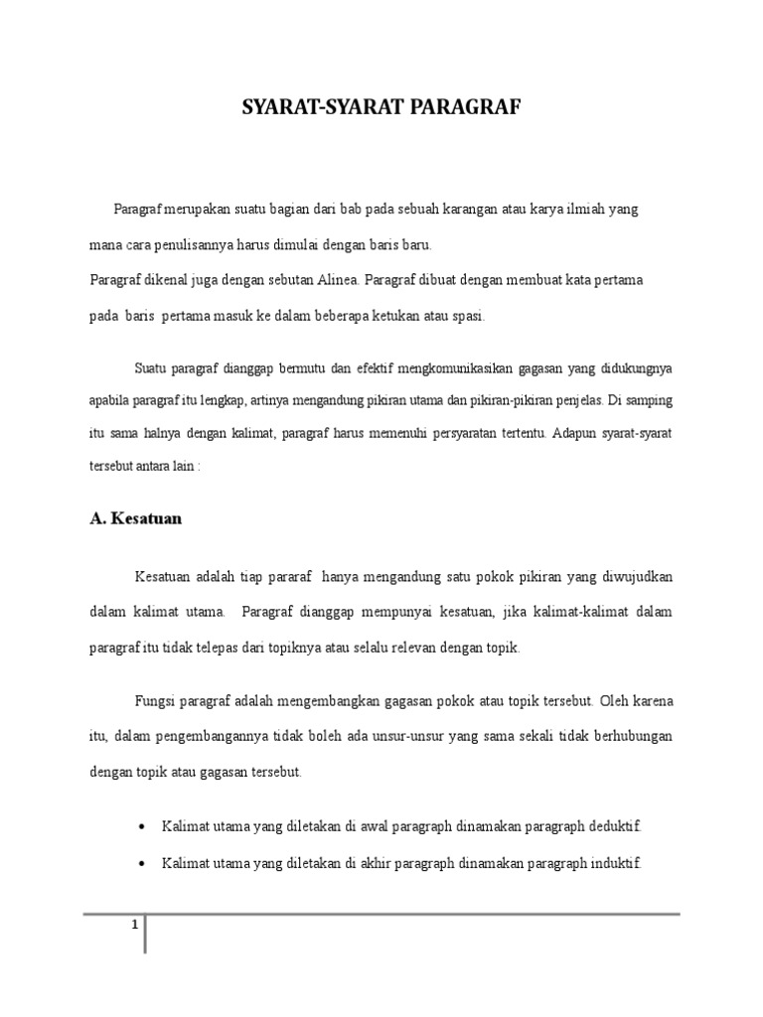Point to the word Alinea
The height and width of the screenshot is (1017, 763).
tap(347, 280)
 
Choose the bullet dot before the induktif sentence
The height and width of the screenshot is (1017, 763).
tap(142, 863)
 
